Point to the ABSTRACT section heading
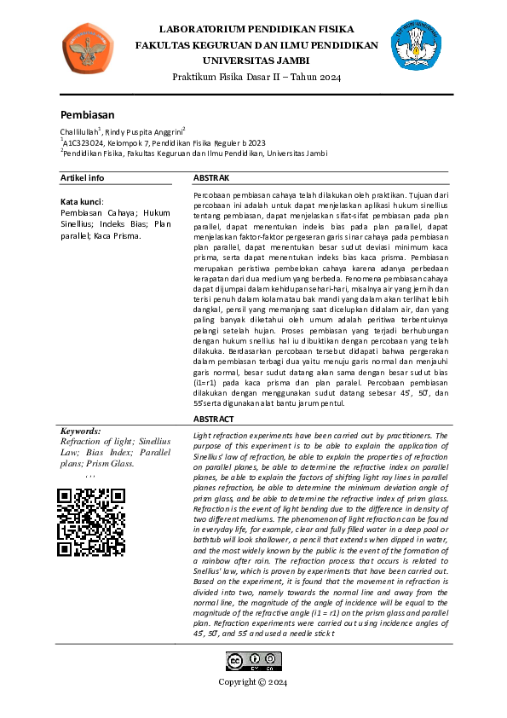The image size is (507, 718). tap(214, 420)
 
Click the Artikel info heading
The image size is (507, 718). tap(83, 177)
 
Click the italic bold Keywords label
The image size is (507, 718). tap(81, 431)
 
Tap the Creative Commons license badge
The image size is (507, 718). tap(253, 662)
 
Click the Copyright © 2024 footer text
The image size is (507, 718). tap(253, 682)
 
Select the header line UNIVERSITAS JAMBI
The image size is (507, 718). tap(256, 61)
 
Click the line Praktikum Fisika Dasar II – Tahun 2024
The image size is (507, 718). tap(256, 78)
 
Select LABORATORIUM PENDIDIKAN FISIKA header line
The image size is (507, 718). tap(256, 28)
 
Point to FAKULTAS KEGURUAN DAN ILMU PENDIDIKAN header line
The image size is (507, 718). tap(256, 44)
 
